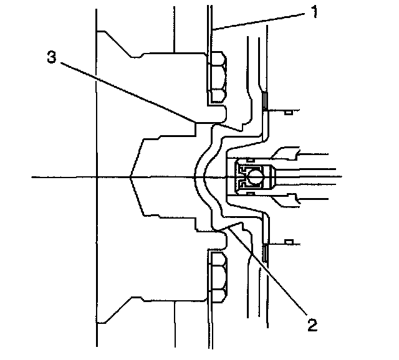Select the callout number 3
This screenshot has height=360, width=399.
52,57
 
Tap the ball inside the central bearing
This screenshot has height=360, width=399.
254,178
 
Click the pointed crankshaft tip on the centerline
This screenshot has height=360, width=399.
131,178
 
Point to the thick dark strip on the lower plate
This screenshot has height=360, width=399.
265,253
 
